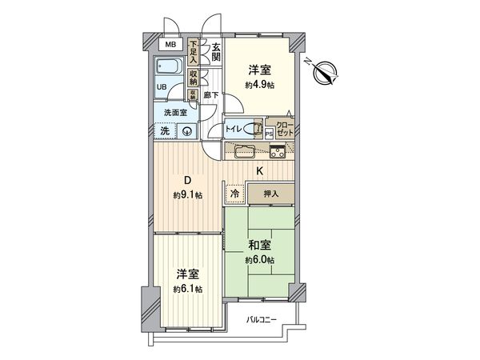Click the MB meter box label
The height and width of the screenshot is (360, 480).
tap(170, 46)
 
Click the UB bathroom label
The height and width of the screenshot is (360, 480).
tap(162, 88)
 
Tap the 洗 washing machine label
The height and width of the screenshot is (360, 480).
tap(163, 131)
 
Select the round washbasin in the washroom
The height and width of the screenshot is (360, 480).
tap(186, 132)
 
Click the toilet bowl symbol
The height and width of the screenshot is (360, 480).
tap(257, 128)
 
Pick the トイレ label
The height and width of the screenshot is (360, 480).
tap(234, 128)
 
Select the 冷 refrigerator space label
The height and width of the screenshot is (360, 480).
tap(235, 193)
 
